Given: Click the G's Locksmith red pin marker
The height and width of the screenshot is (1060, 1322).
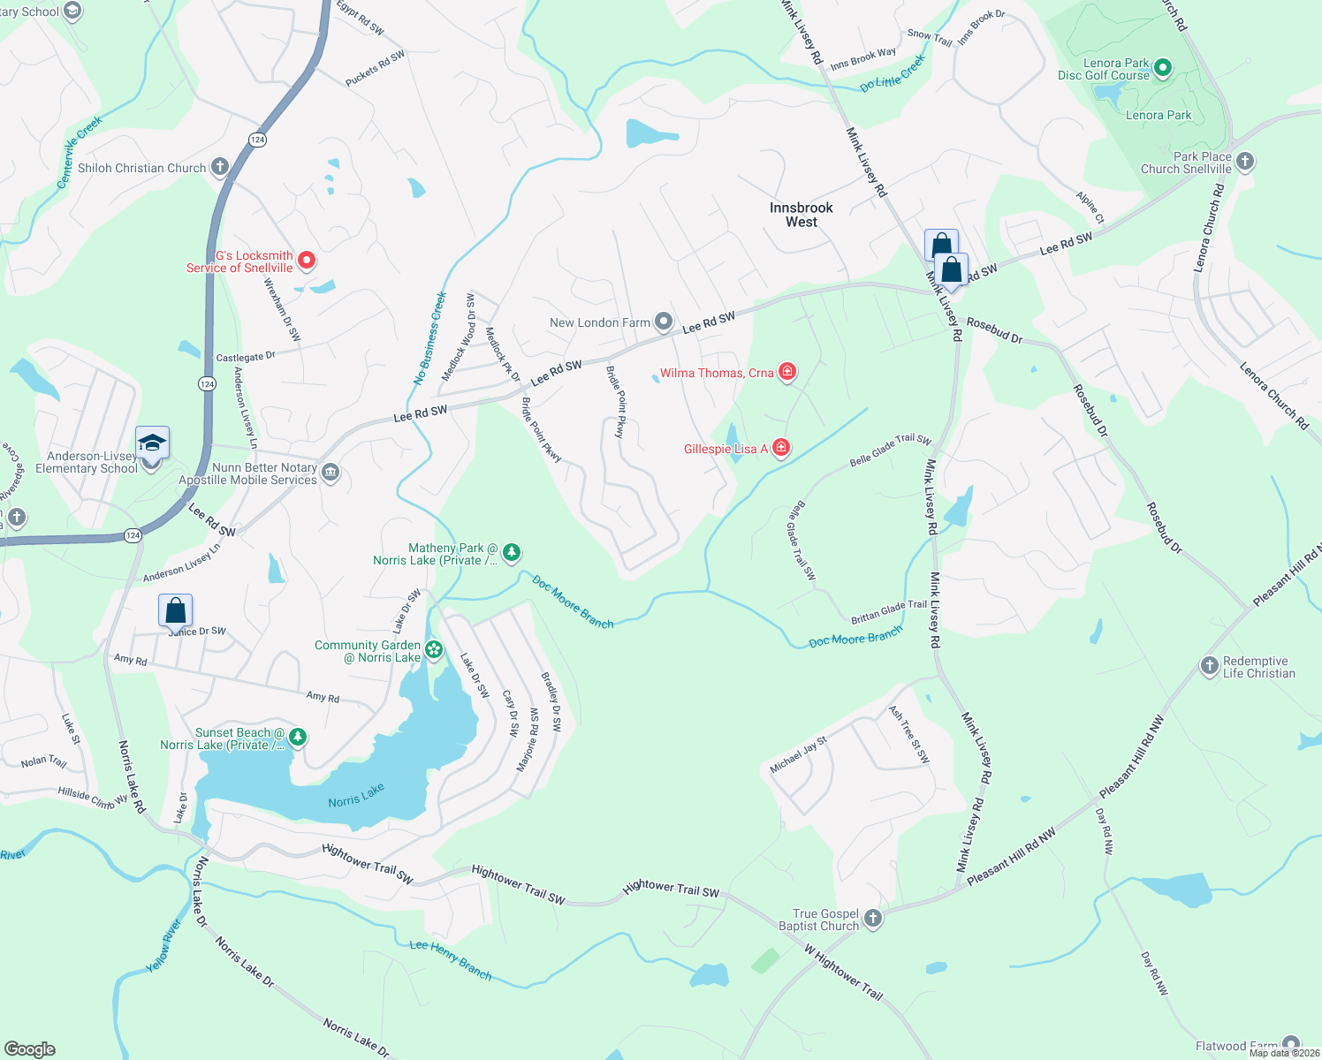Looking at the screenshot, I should [307, 260].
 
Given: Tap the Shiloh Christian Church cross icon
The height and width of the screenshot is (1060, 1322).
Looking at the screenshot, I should [220, 167].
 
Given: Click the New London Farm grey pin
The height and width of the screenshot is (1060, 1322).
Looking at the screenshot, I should [664, 322].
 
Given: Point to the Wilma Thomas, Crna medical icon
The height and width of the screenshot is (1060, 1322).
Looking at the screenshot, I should [786, 372].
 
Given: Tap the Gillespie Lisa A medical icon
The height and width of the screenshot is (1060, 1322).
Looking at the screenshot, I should [780, 449].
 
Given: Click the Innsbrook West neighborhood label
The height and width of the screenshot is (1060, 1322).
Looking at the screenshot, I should [801, 215].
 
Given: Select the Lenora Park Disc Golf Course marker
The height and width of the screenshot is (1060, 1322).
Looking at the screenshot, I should [1163, 67].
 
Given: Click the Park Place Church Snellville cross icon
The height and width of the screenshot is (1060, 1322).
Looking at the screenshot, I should [1245, 162].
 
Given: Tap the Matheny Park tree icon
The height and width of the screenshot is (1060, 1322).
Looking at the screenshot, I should [511, 553].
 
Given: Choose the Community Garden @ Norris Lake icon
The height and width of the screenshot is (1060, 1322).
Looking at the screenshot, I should [434, 651].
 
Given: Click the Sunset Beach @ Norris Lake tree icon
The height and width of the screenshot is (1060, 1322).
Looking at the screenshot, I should [298, 738].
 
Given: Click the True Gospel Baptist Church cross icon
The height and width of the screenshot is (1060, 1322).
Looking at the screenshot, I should [872, 919].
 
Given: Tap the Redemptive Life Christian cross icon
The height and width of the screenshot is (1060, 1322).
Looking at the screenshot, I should [1210, 666].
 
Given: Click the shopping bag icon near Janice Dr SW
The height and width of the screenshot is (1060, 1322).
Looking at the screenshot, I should [176, 610].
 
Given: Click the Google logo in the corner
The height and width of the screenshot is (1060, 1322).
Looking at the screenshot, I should [30, 1049].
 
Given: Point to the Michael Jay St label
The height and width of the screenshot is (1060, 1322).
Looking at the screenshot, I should [798, 755].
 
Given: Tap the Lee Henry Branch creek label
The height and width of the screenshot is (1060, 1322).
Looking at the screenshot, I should [451, 959].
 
